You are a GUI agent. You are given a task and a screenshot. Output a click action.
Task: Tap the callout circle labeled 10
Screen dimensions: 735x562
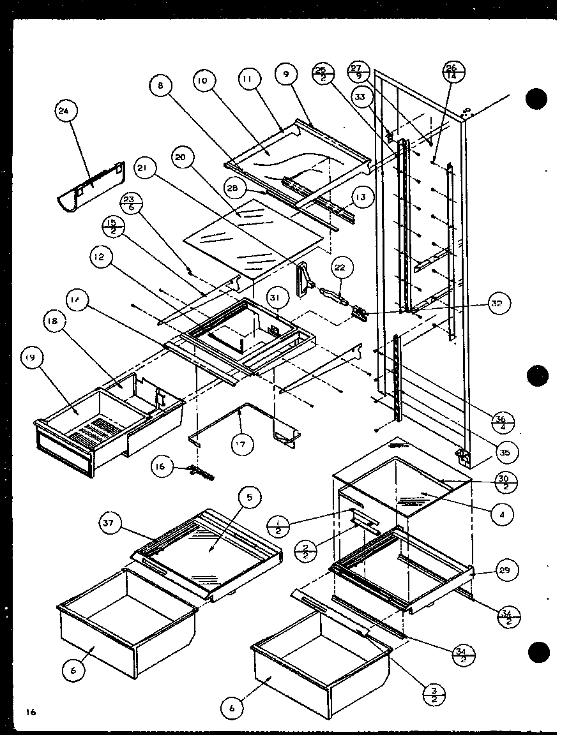coord(203,81)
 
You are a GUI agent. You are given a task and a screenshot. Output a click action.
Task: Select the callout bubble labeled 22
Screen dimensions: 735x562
coord(342,268)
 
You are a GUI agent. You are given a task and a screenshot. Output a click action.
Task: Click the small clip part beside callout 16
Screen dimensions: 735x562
coord(199,472)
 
